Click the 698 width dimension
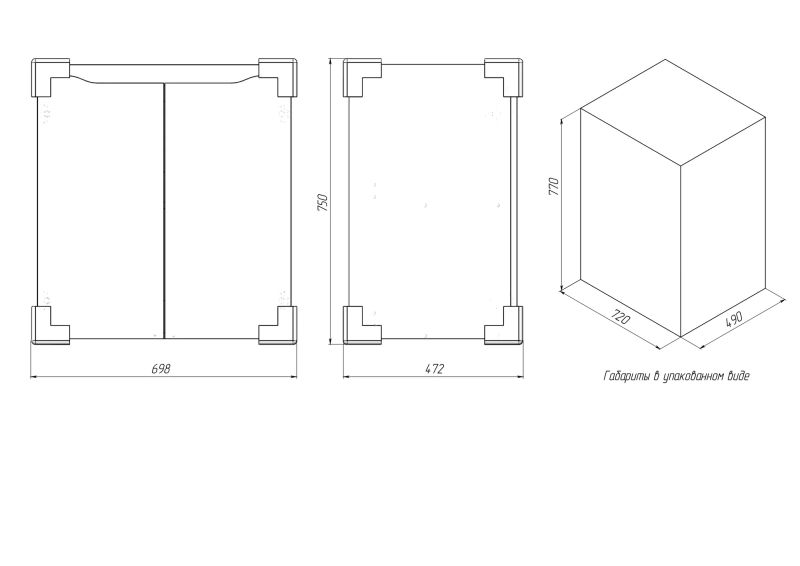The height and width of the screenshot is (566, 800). coord(161,368)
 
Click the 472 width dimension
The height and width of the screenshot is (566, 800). coord(435,368)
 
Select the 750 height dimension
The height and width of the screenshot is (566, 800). coord(323,203)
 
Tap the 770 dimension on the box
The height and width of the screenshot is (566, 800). coord(554,186)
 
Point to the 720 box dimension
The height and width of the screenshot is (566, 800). coord(620,317)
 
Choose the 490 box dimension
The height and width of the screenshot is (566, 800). coord(734,318)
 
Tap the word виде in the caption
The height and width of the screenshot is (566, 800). coord(739,377)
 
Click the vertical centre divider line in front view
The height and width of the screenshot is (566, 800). coord(164,210)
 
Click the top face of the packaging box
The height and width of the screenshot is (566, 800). coord(673,112)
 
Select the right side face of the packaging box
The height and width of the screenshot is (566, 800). coord(723,227)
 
